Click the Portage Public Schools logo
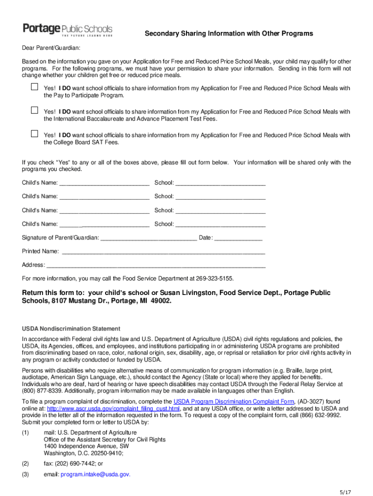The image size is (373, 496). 67,30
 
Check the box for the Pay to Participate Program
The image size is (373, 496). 34,87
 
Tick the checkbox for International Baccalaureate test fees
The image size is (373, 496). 34,110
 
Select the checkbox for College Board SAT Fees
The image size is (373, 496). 34,134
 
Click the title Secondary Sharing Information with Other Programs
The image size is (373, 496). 229,33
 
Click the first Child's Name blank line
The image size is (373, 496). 104,184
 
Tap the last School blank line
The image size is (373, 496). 220,225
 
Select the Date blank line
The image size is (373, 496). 238,238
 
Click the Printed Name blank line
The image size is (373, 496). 163,252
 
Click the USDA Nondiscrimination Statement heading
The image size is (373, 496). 71,328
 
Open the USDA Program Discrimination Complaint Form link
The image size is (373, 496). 234,402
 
